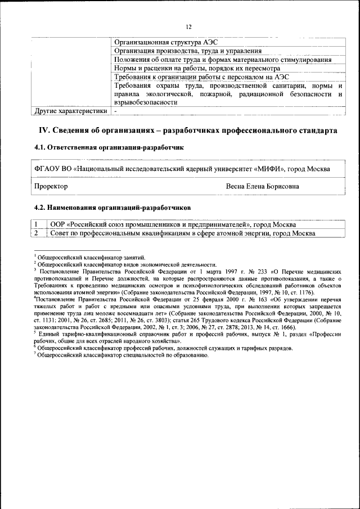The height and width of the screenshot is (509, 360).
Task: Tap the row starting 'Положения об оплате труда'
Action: [222, 60]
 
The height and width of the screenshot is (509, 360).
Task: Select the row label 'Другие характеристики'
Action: [70, 111]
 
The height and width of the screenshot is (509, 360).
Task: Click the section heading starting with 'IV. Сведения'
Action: [188, 130]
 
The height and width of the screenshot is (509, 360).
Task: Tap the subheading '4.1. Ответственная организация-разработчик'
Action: [109, 147]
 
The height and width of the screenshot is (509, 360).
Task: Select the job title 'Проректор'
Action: [51, 186]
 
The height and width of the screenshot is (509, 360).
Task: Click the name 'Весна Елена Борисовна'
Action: [262, 186]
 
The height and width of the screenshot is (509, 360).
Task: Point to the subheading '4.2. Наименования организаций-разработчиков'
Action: [112, 207]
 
